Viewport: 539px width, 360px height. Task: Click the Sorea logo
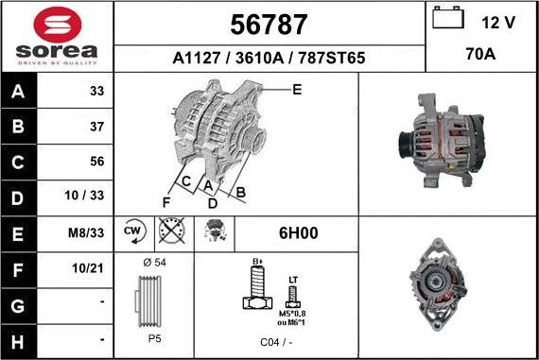pyautogui.click(x=57, y=36)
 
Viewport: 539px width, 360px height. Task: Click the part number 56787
pyautogui.click(x=269, y=23)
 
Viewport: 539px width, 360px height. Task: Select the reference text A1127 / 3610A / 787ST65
pyautogui.click(x=269, y=59)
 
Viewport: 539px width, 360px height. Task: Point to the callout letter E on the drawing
pyautogui.click(x=297, y=90)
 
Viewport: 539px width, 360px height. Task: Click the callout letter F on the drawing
pyautogui.click(x=166, y=201)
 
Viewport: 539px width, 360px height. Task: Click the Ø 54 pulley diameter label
pyautogui.click(x=154, y=262)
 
